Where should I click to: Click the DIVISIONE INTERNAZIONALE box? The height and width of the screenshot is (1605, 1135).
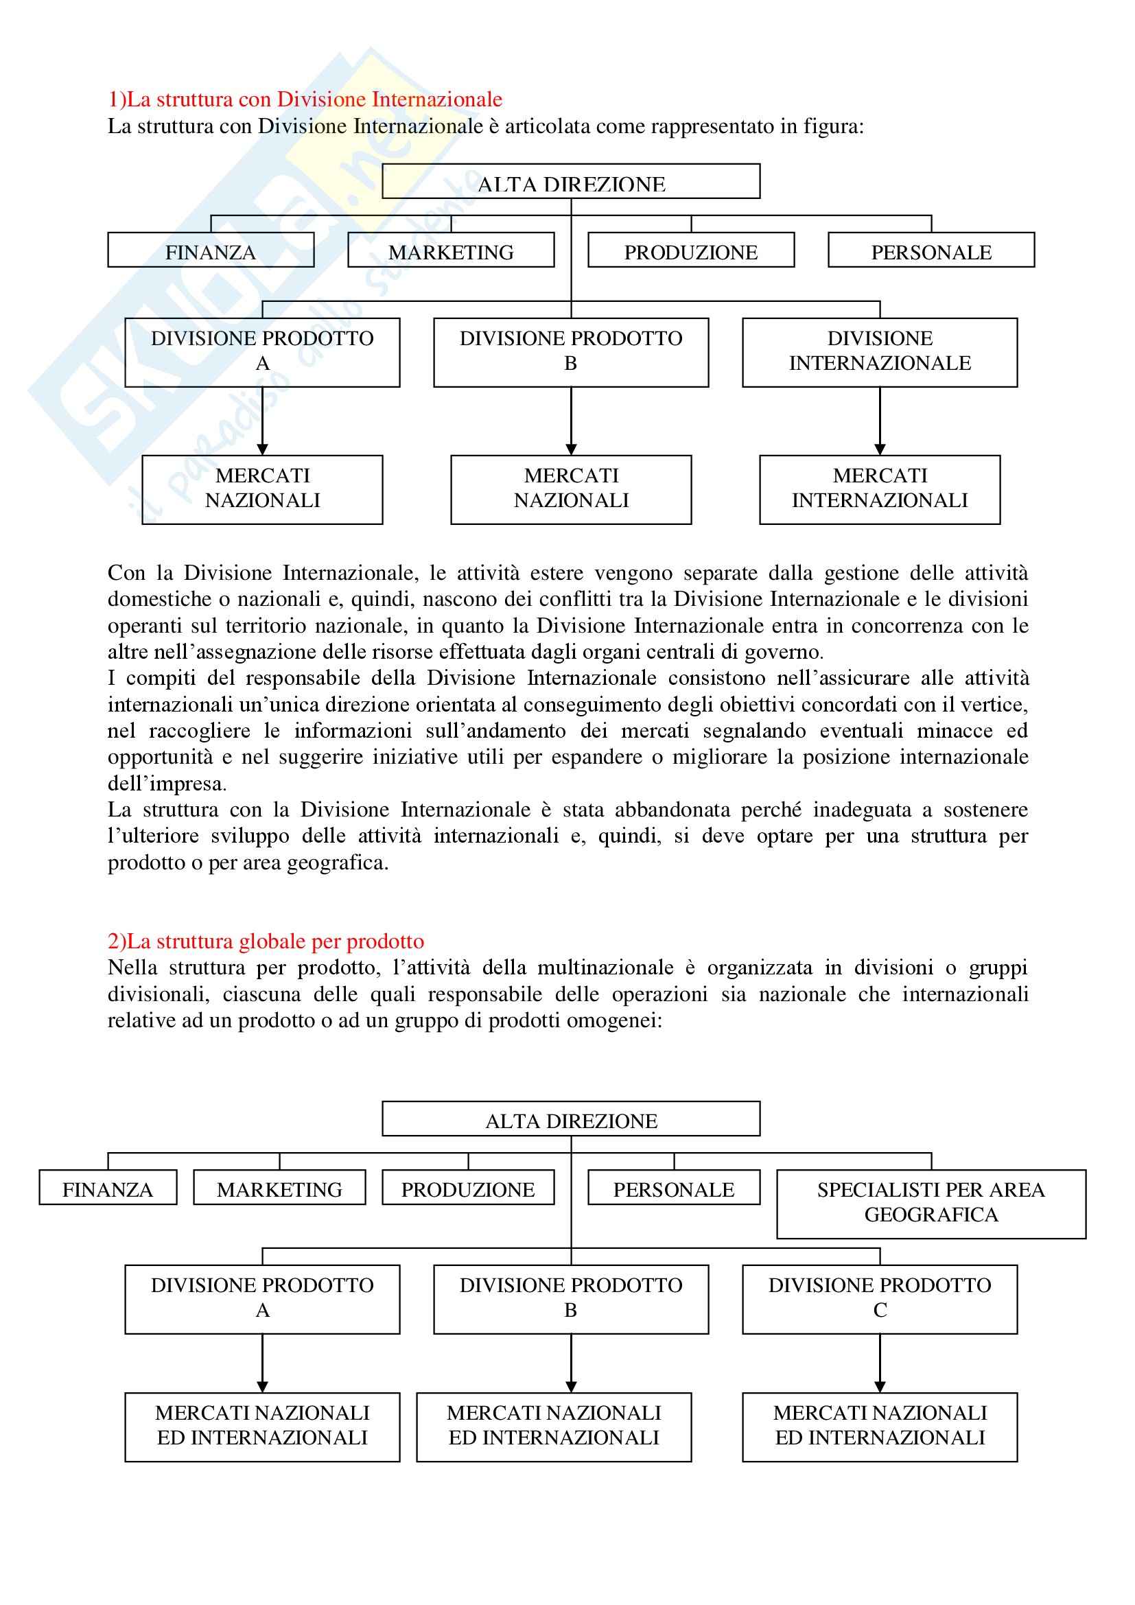(x=879, y=351)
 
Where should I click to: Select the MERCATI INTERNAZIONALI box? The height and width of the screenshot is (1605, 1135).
(x=879, y=489)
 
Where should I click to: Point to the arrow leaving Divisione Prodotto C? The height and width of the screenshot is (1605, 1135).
(x=879, y=1363)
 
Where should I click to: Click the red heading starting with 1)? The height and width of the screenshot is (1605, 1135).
(x=305, y=99)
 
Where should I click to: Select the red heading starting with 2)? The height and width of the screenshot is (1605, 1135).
(x=266, y=941)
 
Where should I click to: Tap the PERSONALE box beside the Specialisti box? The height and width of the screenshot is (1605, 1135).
(x=674, y=1190)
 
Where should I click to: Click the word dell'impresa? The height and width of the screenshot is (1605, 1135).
(x=167, y=784)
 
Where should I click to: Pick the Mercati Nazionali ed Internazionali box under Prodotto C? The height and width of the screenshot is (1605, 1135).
(x=879, y=1426)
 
